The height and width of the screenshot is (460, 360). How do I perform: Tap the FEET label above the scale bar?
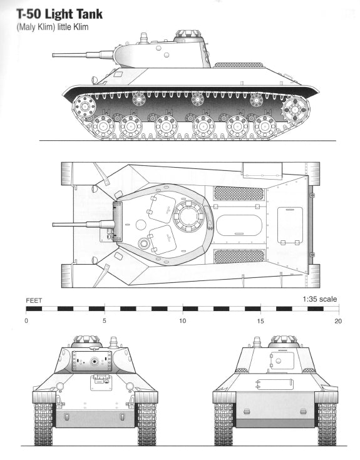pos(34,300)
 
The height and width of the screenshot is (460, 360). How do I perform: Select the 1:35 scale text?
pos(319,299)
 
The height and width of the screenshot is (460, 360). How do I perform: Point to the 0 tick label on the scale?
pos(26,321)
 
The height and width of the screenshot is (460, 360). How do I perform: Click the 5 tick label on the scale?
pos(105,321)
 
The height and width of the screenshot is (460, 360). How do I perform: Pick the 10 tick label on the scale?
pos(182,321)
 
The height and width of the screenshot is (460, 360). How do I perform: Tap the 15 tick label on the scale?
pos(260,321)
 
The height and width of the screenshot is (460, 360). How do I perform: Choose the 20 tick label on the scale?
pos(338,321)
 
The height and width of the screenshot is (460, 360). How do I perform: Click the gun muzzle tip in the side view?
pos(54,55)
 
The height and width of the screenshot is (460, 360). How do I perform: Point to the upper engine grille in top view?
pos(239,193)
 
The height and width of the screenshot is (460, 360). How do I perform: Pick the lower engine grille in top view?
pos(239,256)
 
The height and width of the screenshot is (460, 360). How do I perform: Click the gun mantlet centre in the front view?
pos(93,361)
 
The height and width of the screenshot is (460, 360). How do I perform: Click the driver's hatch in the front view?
pos(100,382)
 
